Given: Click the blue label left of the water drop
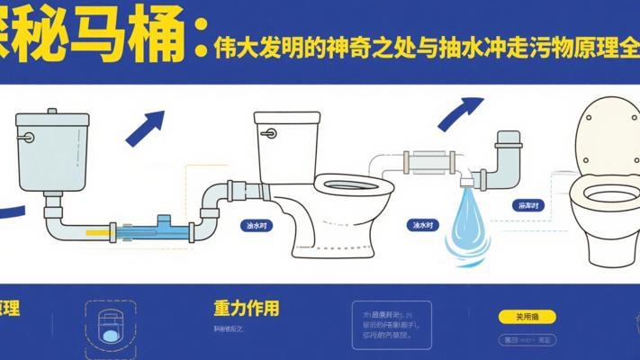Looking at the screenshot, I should pos(420,225).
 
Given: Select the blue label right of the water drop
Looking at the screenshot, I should pos(528,206).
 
